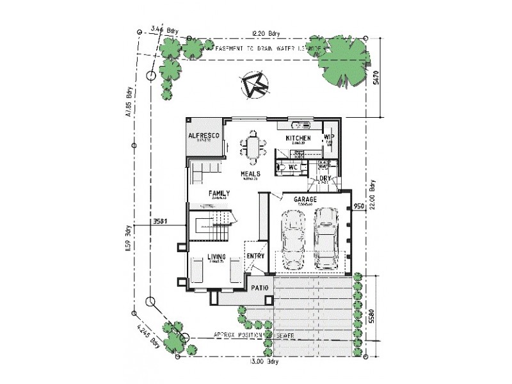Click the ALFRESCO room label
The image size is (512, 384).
(204, 136)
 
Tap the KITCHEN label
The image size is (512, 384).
(298, 138)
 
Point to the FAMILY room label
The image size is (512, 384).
(218, 193)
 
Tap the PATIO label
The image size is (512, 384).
(260, 288)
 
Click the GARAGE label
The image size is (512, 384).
(305, 200)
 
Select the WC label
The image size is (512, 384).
(294, 167)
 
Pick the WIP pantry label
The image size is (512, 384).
(330, 136)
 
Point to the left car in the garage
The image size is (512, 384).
(294, 240)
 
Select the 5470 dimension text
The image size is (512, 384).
(378, 77)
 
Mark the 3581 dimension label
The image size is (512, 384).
(160, 222)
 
